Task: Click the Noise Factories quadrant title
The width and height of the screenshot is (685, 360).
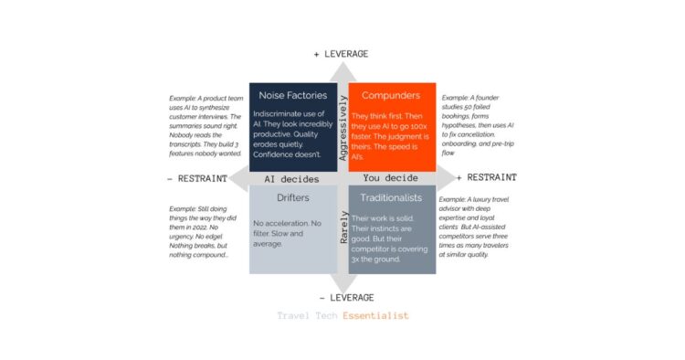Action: [x=291, y=96]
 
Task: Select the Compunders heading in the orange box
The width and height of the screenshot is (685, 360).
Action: [x=391, y=96]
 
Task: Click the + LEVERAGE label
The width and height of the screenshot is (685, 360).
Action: [x=341, y=54]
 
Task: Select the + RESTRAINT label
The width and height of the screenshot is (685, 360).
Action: [x=486, y=177]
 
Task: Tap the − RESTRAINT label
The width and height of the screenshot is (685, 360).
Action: [x=196, y=178]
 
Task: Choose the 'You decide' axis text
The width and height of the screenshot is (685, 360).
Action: [x=390, y=178]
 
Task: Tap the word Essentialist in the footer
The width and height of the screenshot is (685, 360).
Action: [x=375, y=316]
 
